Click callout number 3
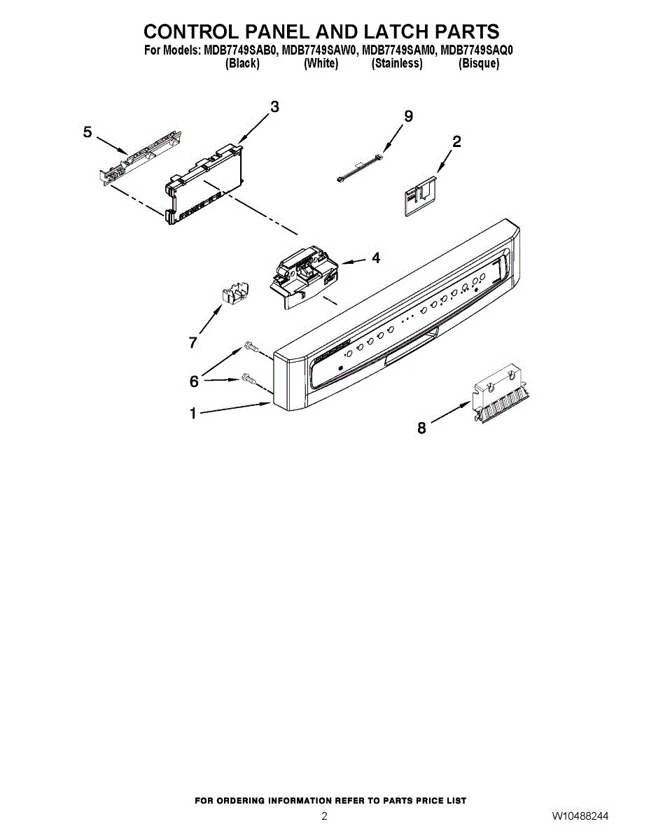pyautogui.click(x=274, y=106)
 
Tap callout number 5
pyautogui.click(x=88, y=132)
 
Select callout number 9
pyautogui.click(x=408, y=116)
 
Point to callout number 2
pyautogui.click(x=456, y=141)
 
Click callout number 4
pyautogui.click(x=376, y=258)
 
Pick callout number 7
pyautogui.click(x=193, y=342)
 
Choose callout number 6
pyautogui.click(x=194, y=381)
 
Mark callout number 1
pyautogui.click(x=193, y=414)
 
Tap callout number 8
pyautogui.click(x=421, y=428)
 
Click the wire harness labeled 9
pyautogui.click(x=361, y=170)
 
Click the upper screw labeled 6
pyautogui.click(x=251, y=346)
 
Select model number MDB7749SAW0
pyautogui.click(x=319, y=50)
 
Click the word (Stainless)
pyautogui.click(x=397, y=63)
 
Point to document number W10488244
pyautogui.click(x=580, y=816)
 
